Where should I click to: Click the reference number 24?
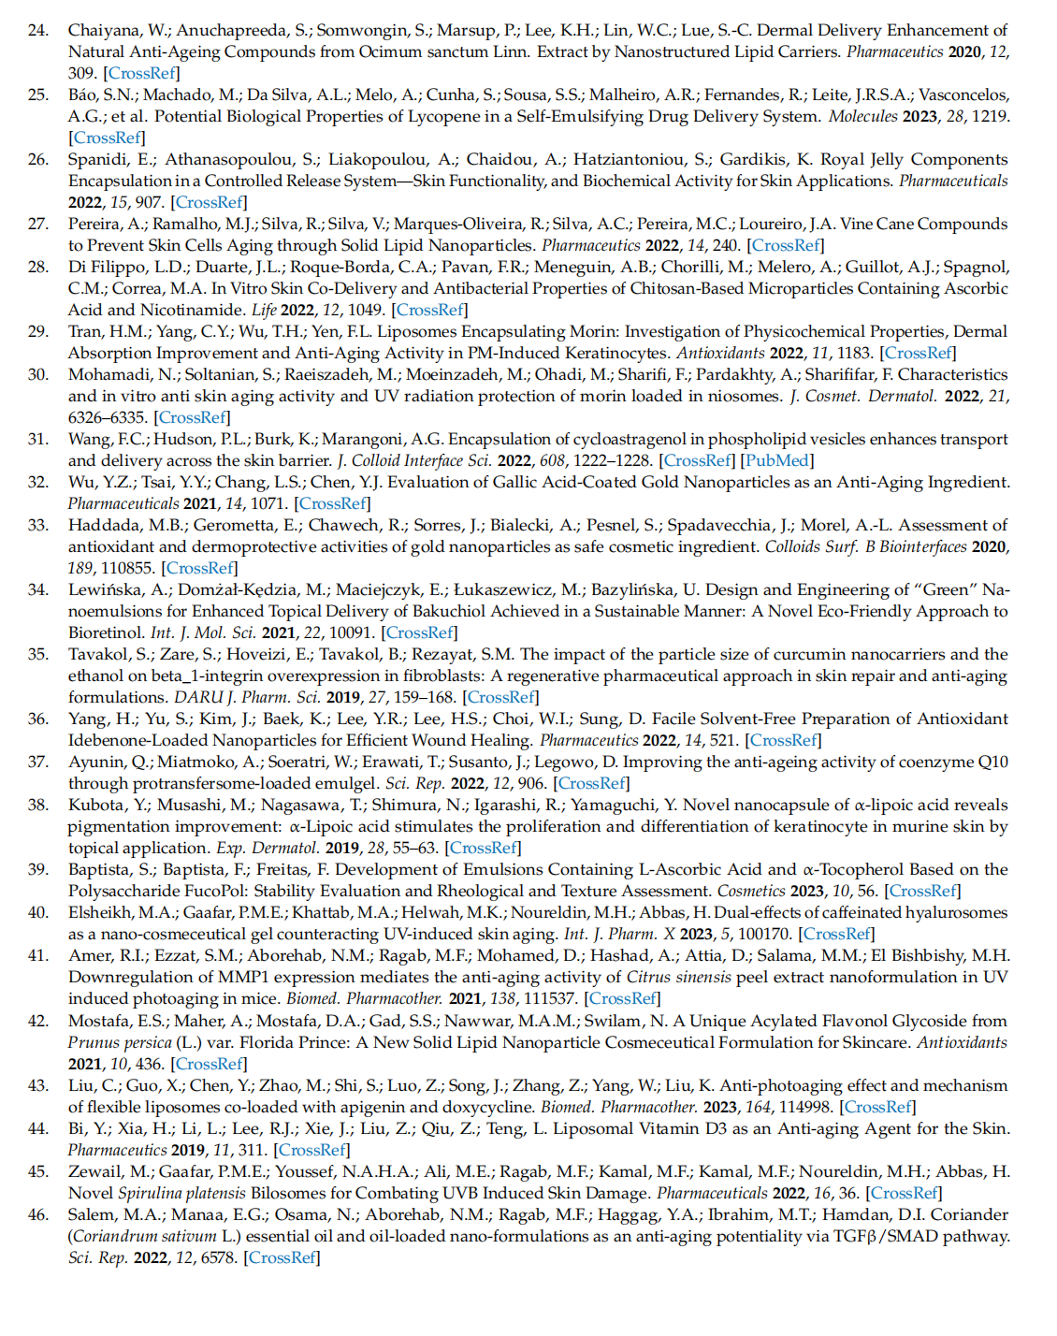pos(37,30)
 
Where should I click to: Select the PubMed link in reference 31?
pos(777,460)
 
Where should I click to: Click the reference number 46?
pos(37,1214)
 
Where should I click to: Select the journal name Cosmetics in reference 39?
pos(751,891)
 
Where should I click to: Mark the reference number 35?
pos(37,654)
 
